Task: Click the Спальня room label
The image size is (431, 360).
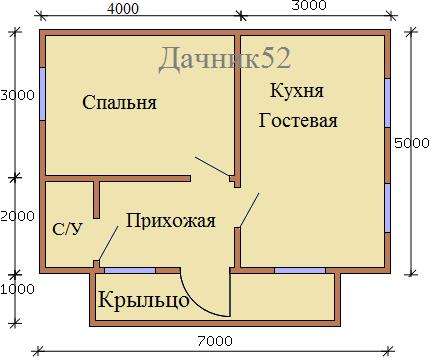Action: coord(119,103)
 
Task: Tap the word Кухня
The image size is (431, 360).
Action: coord(297,90)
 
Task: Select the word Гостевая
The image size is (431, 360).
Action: coord(298,120)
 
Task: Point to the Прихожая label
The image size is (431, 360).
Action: coord(171,221)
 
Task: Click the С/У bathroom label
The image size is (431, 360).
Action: coord(67,229)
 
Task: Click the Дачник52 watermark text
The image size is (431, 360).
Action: coord(225,59)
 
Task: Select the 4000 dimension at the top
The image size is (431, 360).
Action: coord(123,9)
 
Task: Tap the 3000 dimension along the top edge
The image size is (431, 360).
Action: coord(309,5)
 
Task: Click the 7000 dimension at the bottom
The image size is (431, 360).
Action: coord(215,341)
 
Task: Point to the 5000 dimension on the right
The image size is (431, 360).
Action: coord(412,143)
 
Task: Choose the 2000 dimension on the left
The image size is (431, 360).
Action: coord(17,216)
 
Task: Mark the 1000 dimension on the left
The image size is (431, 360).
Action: coord(17,289)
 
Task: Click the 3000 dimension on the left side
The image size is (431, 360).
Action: coord(17,95)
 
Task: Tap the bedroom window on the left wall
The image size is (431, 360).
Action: coord(43,94)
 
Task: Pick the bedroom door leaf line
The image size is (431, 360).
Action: coord(212,166)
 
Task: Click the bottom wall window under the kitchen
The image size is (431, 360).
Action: coord(300,270)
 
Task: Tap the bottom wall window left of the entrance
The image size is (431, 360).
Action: coord(130,270)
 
